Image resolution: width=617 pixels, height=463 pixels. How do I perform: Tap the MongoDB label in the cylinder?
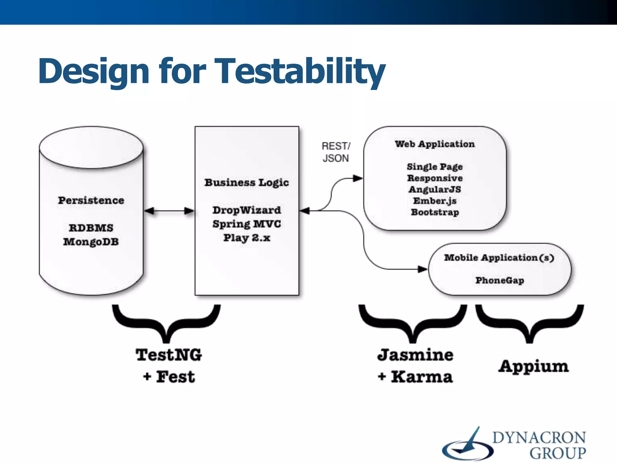[x=91, y=242]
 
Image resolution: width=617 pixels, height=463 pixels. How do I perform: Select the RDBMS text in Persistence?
[x=91, y=228]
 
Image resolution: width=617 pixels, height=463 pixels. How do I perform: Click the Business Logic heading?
[x=246, y=182]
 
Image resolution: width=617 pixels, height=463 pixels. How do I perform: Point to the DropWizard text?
[x=246, y=210]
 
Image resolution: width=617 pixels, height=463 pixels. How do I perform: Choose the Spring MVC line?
[x=246, y=224]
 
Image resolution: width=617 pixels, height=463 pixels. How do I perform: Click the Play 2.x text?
[x=246, y=238]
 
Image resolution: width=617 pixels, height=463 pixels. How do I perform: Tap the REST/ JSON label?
[x=336, y=152]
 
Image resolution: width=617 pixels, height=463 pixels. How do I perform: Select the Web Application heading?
[x=435, y=144]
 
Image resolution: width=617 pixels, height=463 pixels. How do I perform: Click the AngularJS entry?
[x=435, y=190]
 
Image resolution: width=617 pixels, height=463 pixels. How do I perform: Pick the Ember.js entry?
[x=435, y=201]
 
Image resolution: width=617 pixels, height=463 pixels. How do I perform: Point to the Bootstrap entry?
[x=435, y=212]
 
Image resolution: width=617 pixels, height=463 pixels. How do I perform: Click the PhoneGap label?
[x=500, y=280]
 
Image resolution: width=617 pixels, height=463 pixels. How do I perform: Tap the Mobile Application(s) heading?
[x=499, y=258]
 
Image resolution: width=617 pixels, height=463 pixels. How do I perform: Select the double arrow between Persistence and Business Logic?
[x=169, y=211]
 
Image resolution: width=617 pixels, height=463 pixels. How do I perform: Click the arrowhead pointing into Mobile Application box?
[x=422, y=269]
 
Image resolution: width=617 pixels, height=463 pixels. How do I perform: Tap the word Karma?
[x=421, y=377]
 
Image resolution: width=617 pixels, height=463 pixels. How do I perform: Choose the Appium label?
[x=533, y=367]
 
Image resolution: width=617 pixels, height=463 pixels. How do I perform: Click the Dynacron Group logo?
[x=514, y=444]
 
